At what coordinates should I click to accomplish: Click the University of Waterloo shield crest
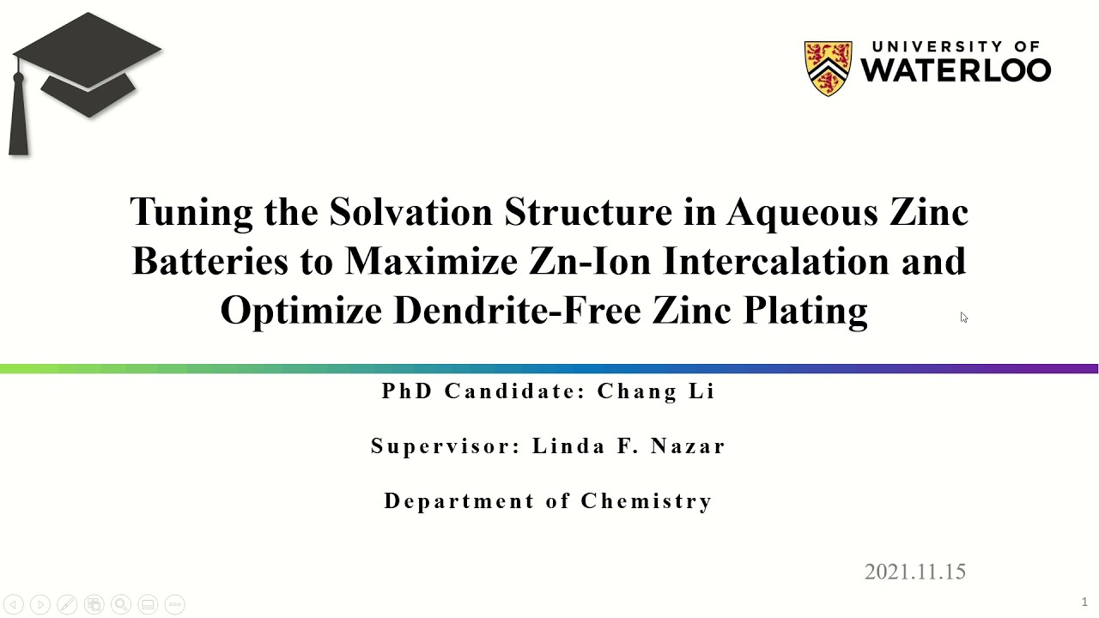coord(828,68)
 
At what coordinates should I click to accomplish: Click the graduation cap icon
coord(87,64)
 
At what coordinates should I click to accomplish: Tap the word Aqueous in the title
coord(798,212)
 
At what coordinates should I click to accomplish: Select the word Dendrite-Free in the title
coord(517,310)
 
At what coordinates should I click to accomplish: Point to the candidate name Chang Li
coord(656,391)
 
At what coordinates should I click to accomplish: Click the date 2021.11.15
coord(914,572)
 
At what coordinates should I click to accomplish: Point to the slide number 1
coord(1084,602)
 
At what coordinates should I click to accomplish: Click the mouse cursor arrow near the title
coord(963,318)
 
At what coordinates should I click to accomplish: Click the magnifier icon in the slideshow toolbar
coord(121,604)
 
